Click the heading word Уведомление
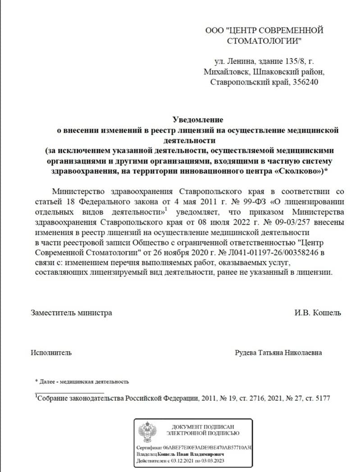point(198,120)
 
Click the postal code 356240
point(308,82)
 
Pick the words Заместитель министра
point(71,313)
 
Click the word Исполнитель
point(51,353)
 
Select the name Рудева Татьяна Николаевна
point(278,353)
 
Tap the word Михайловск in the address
point(225,72)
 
